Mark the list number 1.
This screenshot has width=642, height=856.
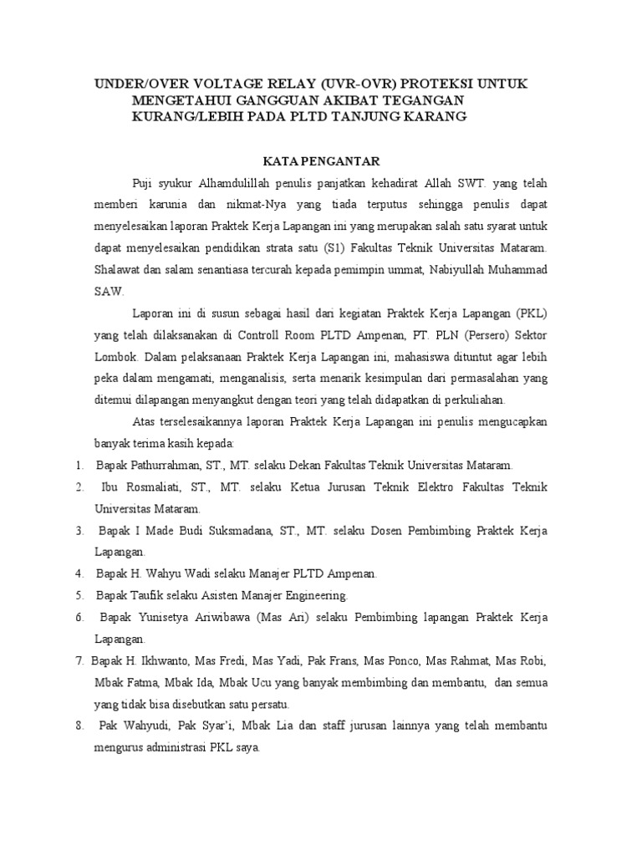click(77, 465)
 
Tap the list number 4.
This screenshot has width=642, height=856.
click(79, 573)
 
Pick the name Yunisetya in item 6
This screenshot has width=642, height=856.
click(166, 617)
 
